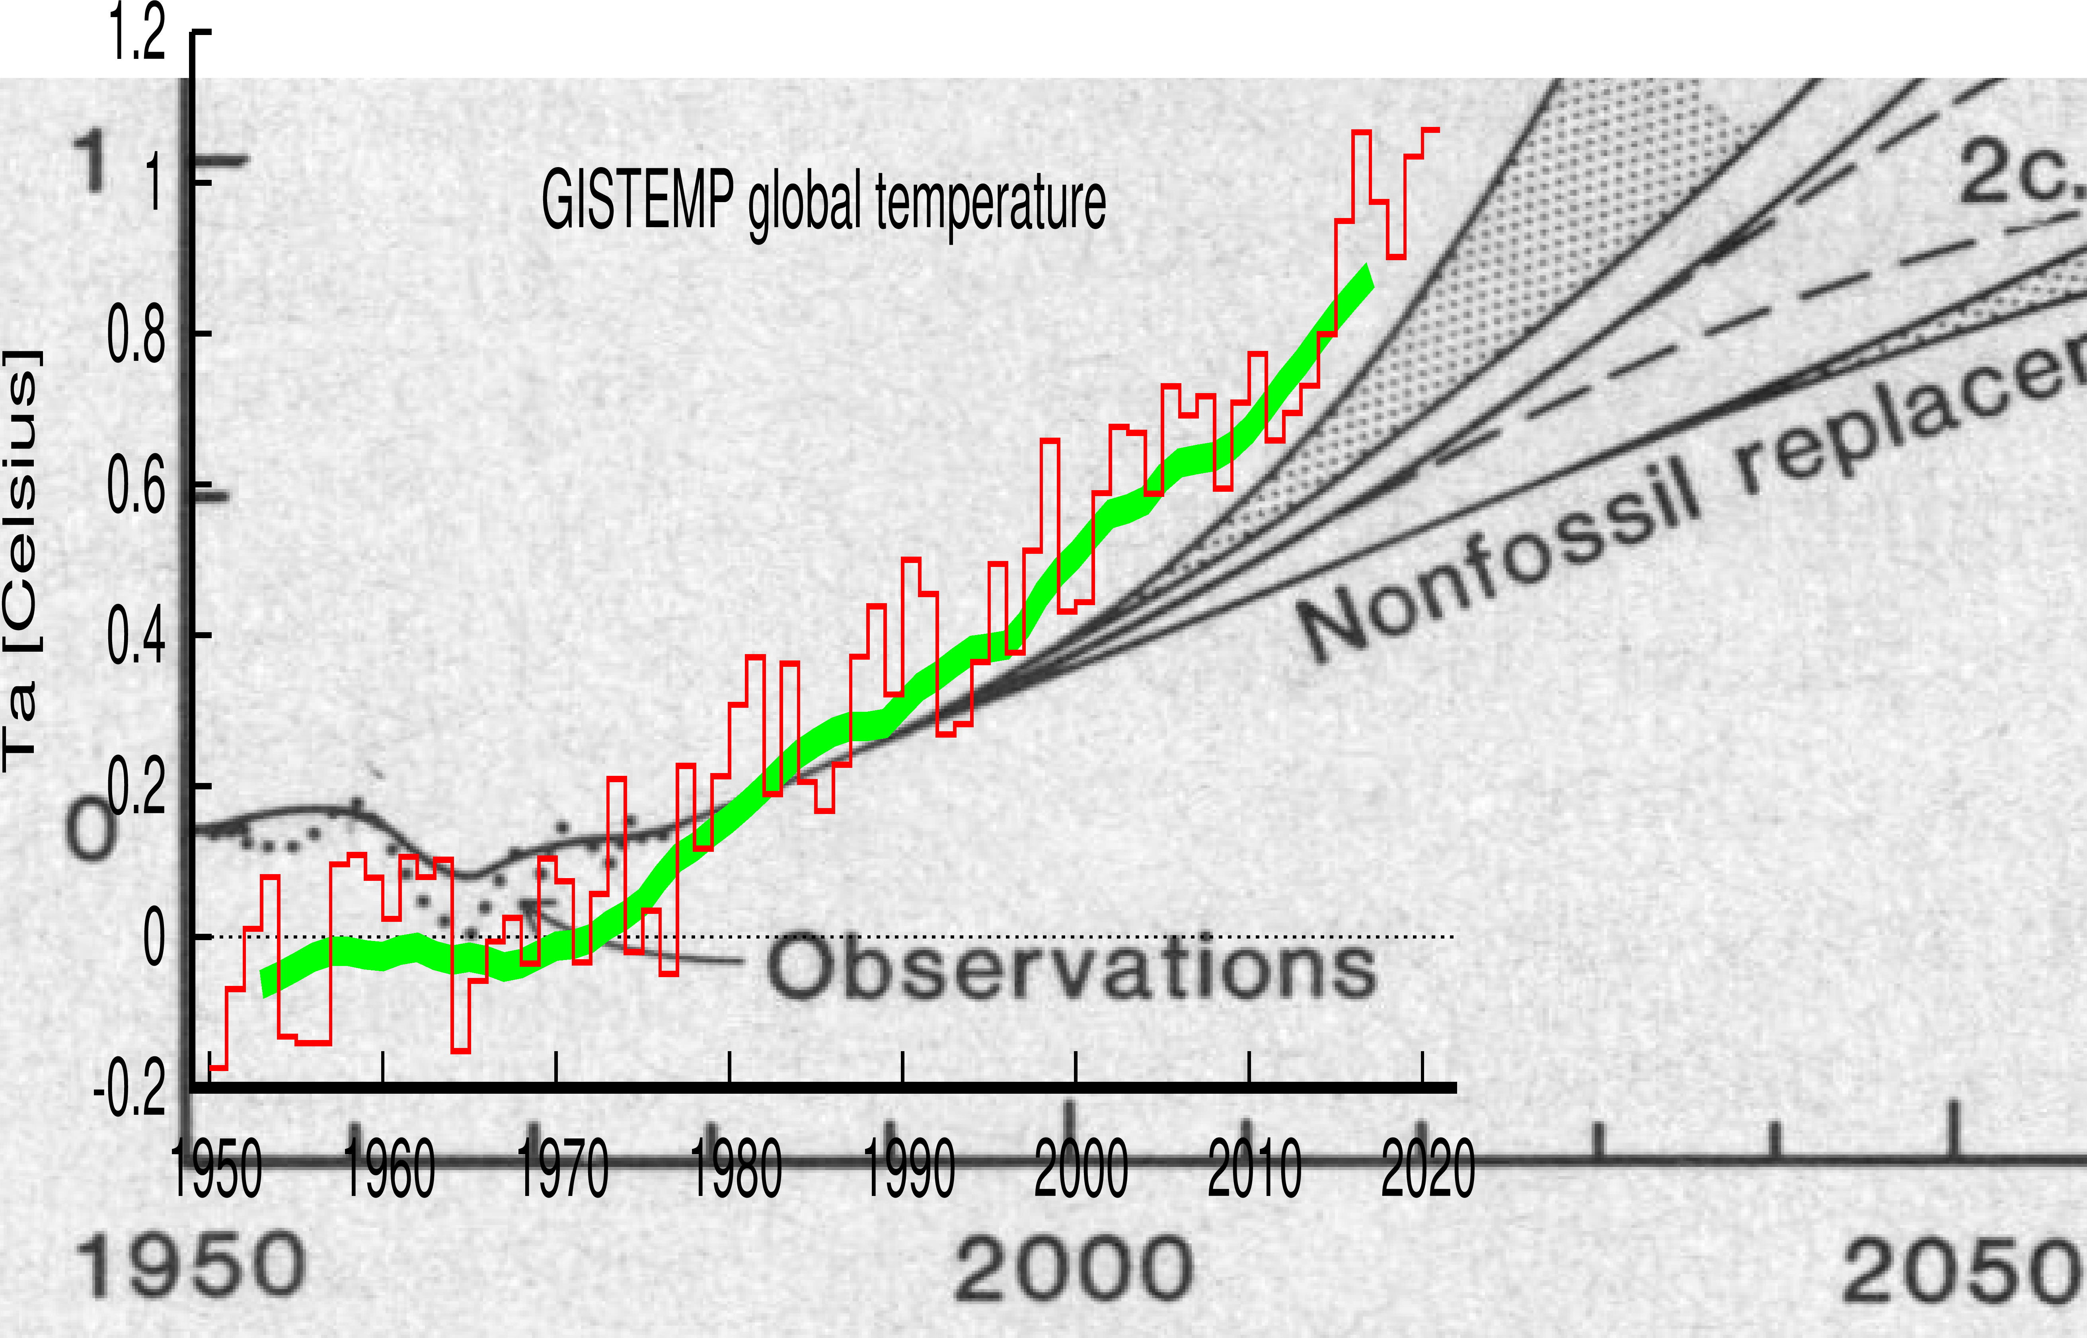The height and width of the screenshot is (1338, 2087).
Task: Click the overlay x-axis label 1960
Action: [389, 1169]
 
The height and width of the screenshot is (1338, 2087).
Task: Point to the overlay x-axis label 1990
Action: [909, 1169]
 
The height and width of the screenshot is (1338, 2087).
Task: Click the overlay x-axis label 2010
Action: [1255, 1169]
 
